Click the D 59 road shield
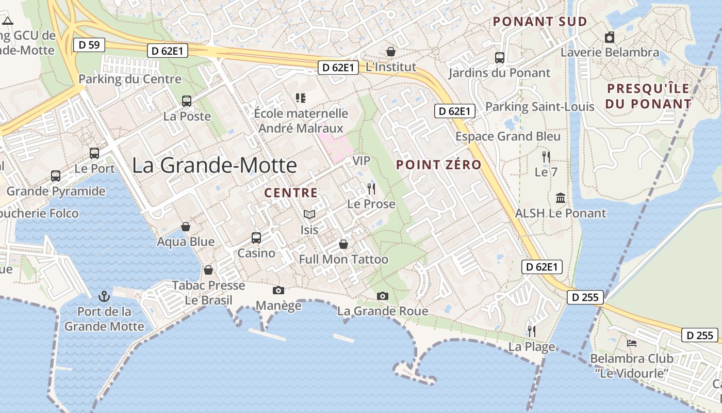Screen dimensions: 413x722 coord(89,45)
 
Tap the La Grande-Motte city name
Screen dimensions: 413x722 coord(215,165)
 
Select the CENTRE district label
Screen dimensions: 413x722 coord(291,193)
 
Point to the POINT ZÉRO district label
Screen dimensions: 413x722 coord(438,165)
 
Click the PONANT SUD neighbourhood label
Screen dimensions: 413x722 coord(540,22)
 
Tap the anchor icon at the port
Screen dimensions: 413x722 coord(104,296)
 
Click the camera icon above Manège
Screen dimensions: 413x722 coord(278,291)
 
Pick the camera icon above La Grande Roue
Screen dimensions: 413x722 coord(382,296)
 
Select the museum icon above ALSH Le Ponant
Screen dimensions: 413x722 coord(561,198)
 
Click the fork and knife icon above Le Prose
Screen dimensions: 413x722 coord(371,188)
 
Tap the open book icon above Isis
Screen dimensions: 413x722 coord(309,214)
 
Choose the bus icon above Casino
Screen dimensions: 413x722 coord(256,238)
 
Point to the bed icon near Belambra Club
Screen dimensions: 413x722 coord(632,343)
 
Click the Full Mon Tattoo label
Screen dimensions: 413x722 coord(343,259)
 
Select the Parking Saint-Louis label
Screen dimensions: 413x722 coord(540,107)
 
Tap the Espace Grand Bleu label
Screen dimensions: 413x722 coord(507,136)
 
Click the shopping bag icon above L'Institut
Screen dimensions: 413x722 coord(391,52)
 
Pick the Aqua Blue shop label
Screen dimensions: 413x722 coord(186,242)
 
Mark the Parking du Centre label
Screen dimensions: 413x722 coord(130,80)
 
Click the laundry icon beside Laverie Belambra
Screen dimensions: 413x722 coord(610,37)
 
